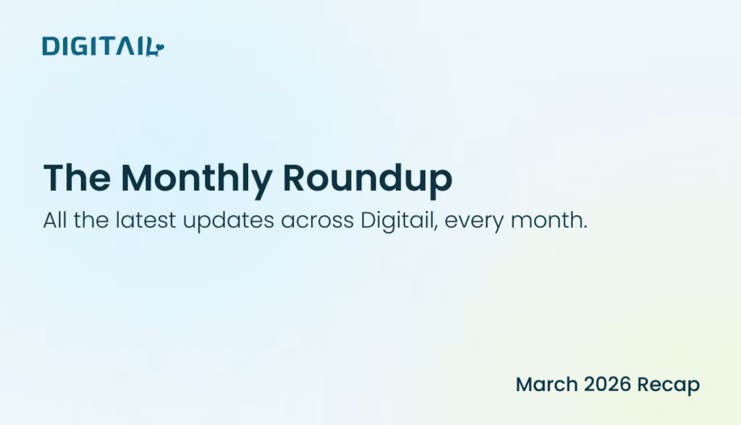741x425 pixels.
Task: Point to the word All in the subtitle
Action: pos(56,220)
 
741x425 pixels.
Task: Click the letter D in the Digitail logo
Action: pos(50,46)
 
